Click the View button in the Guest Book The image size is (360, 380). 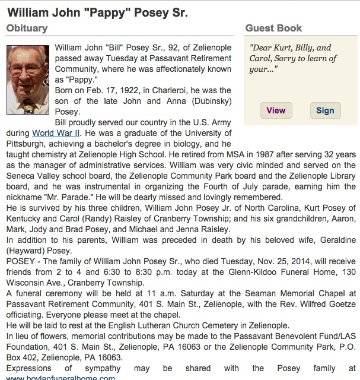pos(276,110)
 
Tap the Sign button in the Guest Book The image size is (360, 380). pos(325,110)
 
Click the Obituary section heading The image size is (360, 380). pos(27,28)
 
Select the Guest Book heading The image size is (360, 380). pos(273,28)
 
